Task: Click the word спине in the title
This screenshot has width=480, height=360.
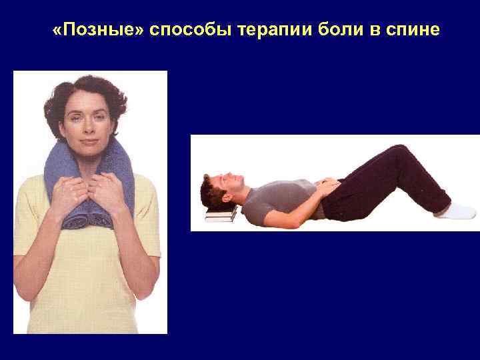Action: (x=413, y=31)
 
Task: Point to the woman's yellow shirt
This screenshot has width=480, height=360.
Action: (x=87, y=280)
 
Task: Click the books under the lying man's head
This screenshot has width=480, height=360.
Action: (x=221, y=213)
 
